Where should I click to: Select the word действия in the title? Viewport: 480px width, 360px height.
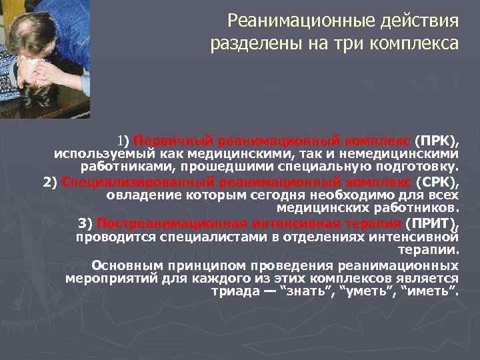coord(419,21)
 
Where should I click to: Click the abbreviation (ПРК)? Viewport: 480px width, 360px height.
coord(437,141)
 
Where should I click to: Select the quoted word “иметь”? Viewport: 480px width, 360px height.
coord(430,291)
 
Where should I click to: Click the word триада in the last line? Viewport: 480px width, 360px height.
coord(231,291)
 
